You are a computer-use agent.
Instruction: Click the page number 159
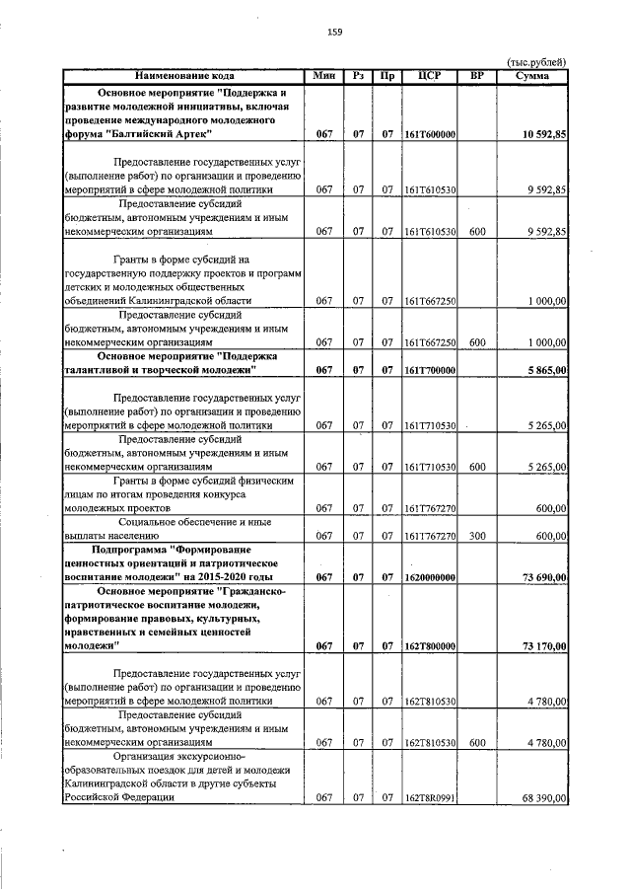334,33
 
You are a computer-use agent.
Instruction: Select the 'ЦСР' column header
429,75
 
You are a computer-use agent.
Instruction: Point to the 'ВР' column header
476,75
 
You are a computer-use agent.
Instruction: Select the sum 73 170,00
540,646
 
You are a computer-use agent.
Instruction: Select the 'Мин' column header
323,75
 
